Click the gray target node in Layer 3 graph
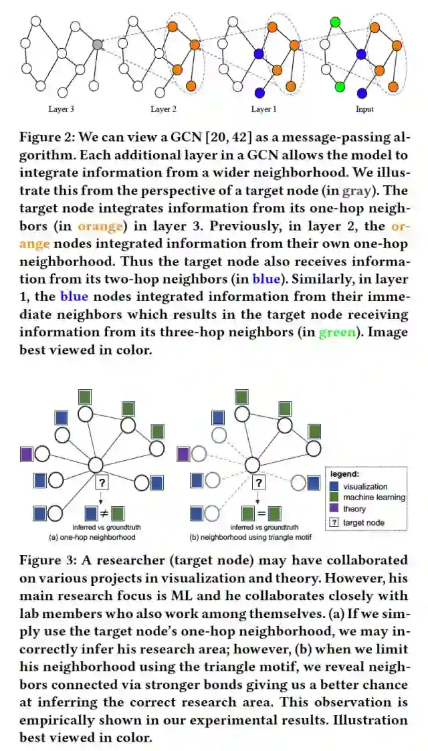(x=98, y=44)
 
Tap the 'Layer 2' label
(x=164, y=109)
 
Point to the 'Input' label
(x=364, y=109)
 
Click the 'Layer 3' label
(x=62, y=109)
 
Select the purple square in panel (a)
(x=27, y=454)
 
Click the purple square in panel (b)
(x=183, y=454)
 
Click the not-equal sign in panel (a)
(x=104, y=514)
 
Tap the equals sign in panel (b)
(x=261, y=514)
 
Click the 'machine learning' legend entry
(x=374, y=498)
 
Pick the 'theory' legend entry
(x=354, y=509)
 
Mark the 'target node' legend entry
(x=363, y=522)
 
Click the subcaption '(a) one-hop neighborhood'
(x=84, y=536)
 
